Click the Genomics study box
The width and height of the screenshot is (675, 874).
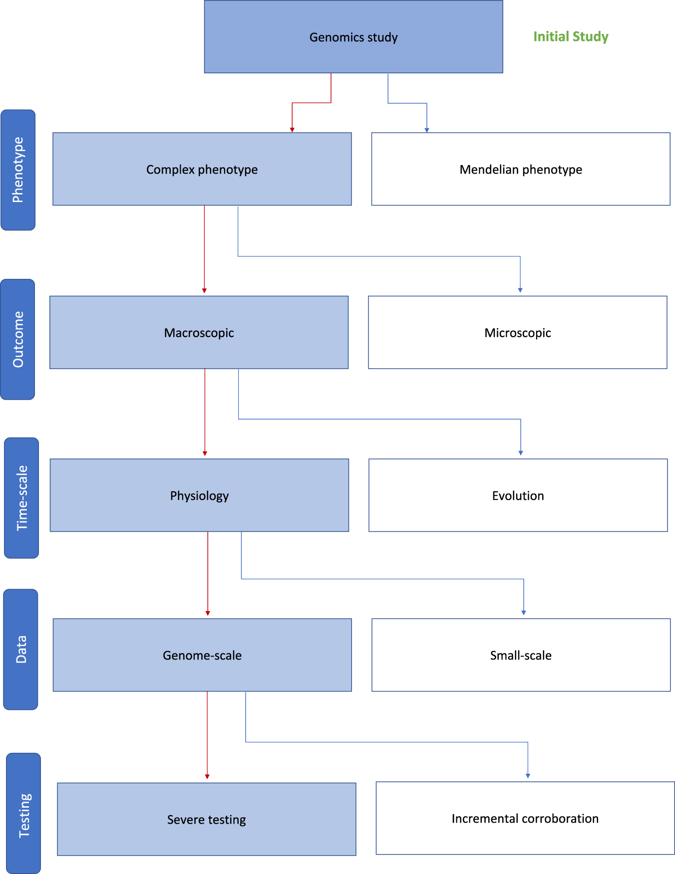tap(353, 37)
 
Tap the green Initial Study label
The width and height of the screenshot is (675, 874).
tap(570, 36)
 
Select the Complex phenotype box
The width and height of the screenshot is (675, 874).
tap(202, 169)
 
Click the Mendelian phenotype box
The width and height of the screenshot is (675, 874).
tap(520, 169)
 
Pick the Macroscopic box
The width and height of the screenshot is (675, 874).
tap(199, 332)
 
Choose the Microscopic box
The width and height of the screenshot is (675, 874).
tap(517, 332)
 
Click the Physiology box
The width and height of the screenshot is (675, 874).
tap(199, 495)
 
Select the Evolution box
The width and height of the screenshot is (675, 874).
tap(518, 495)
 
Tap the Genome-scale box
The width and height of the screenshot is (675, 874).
tap(202, 655)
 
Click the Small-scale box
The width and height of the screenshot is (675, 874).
tap(521, 655)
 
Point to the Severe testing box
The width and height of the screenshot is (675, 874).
tap(206, 819)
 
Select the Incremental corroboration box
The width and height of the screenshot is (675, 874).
tap(525, 818)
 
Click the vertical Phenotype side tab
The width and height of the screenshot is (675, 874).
tap(18, 170)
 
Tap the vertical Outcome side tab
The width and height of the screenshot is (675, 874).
tap(18, 339)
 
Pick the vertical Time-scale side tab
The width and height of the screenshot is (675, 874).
tap(21, 498)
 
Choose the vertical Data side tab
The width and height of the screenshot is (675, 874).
tap(21, 649)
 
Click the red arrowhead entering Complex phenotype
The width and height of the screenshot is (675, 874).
tap(292, 130)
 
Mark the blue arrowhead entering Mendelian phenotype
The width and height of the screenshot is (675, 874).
tap(427, 130)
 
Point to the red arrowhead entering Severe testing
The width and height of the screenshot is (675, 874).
tap(207, 776)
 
